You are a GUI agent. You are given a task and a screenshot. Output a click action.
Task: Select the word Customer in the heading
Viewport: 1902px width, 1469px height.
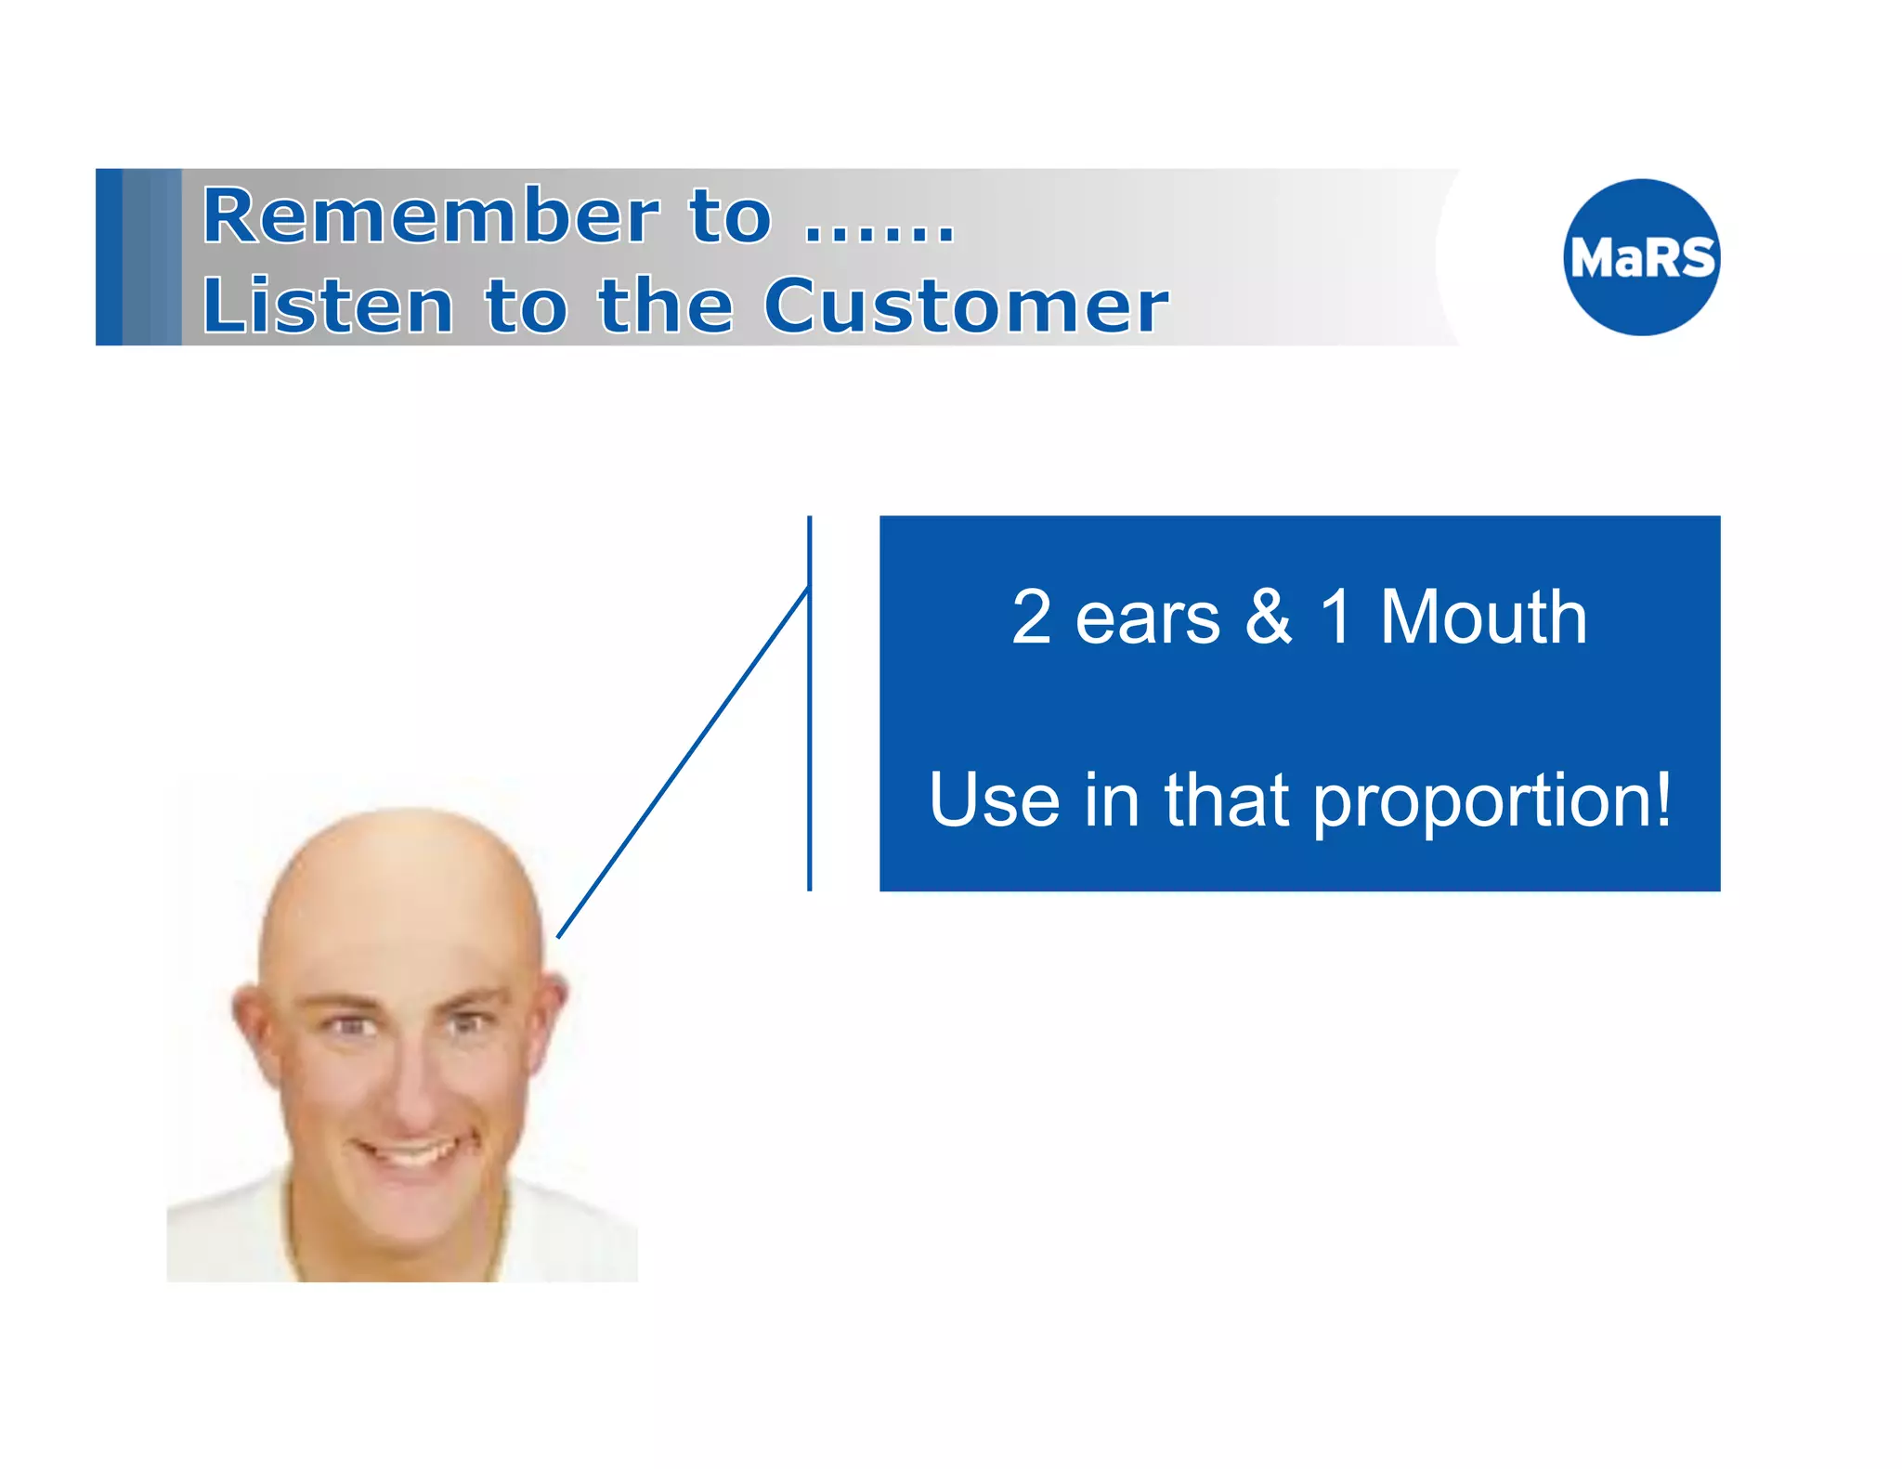(x=965, y=305)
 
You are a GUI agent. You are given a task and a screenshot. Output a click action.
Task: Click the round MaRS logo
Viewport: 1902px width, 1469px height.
(x=1641, y=257)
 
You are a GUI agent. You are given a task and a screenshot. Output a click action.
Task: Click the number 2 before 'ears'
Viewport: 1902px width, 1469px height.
(x=1031, y=617)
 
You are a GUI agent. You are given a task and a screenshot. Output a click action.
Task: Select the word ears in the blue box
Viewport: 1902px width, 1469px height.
(x=1147, y=620)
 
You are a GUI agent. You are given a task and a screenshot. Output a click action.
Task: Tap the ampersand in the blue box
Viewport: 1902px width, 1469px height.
(x=1269, y=617)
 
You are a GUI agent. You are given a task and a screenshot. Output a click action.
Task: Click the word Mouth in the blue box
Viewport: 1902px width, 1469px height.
(x=1483, y=617)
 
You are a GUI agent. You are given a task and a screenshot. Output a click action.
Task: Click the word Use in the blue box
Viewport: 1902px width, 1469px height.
(x=994, y=799)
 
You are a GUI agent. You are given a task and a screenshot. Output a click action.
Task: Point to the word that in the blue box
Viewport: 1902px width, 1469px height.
(x=1226, y=799)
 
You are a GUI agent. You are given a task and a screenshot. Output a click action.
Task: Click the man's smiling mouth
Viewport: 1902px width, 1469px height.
(x=407, y=1154)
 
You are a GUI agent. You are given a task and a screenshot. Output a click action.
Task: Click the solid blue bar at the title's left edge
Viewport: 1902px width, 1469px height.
(x=109, y=257)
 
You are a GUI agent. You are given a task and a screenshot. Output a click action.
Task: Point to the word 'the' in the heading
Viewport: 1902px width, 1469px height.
(x=665, y=305)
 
